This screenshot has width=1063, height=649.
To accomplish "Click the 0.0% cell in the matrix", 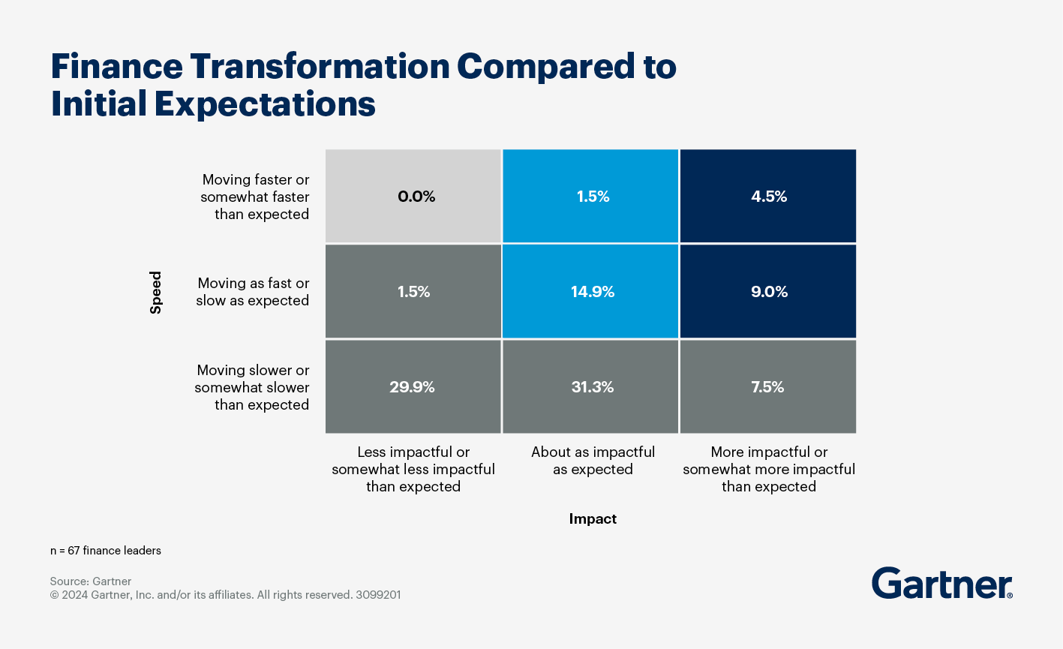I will (x=413, y=197).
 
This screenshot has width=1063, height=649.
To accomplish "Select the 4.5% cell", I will (x=768, y=197).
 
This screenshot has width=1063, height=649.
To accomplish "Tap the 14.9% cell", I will (x=592, y=292).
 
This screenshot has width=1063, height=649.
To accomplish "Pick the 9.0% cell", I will (x=768, y=292).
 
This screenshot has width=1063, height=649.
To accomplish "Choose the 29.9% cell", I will (x=413, y=387).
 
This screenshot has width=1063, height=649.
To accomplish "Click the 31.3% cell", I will (x=592, y=387).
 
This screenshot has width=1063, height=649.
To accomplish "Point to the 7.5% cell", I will (x=768, y=387).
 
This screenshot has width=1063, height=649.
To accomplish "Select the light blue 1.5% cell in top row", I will (x=592, y=197).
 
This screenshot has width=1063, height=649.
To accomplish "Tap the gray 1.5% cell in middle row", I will (x=413, y=292).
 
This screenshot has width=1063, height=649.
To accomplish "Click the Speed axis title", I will (x=156, y=292).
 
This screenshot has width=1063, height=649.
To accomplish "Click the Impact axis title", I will (x=593, y=518).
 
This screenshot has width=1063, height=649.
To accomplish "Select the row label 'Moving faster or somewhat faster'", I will (x=255, y=197).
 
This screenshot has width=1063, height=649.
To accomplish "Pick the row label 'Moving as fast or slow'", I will (x=253, y=292).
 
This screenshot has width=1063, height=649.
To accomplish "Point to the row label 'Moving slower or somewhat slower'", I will (x=252, y=387).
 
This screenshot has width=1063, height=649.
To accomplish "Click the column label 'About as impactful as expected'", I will (x=593, y=461).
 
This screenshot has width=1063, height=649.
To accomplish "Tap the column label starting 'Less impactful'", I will (x=413, y=469).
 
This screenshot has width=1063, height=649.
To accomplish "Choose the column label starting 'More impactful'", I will (x=768, y=469).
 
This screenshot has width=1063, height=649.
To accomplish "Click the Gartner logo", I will (x=941, y=583).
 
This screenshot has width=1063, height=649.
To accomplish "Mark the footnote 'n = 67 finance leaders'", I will (x=106, y=551).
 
